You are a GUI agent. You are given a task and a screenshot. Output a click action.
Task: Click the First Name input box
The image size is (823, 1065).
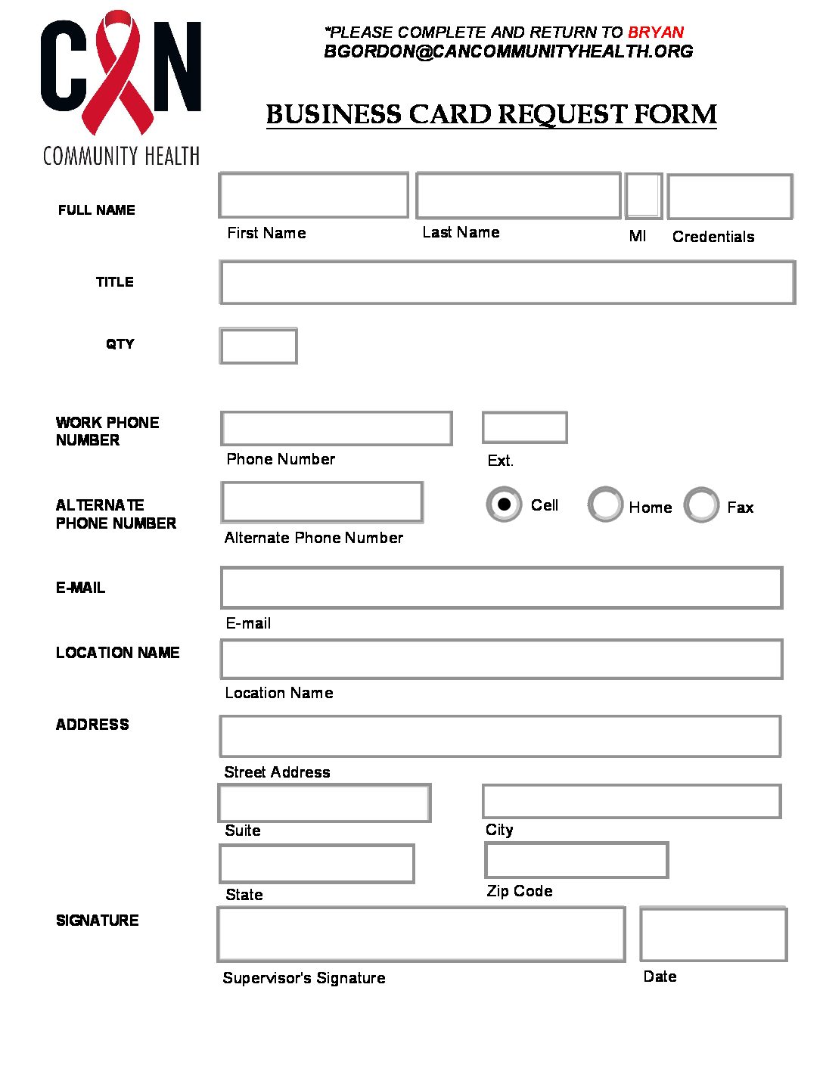[x=313, y=195]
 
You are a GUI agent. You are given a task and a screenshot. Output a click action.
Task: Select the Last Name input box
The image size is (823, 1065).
[x=518, y=196]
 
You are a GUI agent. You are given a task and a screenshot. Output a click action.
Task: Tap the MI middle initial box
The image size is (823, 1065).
[x=644, y=196]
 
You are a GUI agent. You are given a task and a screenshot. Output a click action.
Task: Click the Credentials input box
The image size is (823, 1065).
[x=730, y=197]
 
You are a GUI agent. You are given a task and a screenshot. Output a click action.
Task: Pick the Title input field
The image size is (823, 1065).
[x=507, y=282]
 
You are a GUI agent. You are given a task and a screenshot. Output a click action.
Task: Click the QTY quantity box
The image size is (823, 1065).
[x=258, y=346]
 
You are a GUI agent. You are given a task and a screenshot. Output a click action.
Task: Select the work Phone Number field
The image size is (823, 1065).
[x=337, y=428]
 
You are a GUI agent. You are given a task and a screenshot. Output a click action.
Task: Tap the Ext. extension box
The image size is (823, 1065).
[x=524, y=427]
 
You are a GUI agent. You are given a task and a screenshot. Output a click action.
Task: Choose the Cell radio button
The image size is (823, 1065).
[x=504, y=505]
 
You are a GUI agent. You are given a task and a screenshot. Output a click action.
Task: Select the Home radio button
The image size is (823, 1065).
[x=605, y=505]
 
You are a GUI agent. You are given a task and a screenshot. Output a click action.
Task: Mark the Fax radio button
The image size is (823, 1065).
[x=701, y=505]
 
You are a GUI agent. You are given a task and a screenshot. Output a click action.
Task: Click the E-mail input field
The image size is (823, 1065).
[x=501, y=588]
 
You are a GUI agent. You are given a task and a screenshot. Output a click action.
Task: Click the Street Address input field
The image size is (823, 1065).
[x=500, y=736]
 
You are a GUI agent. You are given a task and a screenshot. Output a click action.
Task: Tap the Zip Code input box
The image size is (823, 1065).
[x=576, y=860]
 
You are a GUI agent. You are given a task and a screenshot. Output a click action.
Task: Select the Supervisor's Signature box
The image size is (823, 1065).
[x=421, y=934]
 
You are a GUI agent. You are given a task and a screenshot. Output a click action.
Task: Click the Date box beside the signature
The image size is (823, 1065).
[x=713, y=935]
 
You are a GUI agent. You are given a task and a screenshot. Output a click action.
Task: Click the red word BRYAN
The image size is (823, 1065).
[x=656, y=33]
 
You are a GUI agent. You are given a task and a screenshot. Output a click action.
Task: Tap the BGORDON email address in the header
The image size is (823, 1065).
[x=508, y=51]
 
